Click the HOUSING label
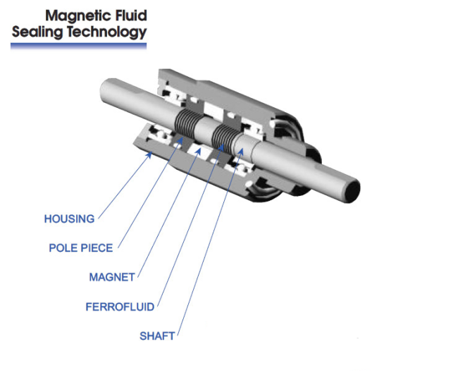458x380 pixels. tap(69, 219)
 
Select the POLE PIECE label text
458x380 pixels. tap(80, 247)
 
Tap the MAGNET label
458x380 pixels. tap(111, 277)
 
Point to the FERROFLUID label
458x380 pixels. tap(120, 307)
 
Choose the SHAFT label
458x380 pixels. tap(157, 336)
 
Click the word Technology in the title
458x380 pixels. tap(104, 32)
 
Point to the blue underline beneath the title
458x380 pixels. tap(78, 46)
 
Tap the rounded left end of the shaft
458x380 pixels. tap(104, 91)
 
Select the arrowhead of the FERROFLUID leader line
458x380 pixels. tap(225, 145)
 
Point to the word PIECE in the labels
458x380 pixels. tap(96, 247)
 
